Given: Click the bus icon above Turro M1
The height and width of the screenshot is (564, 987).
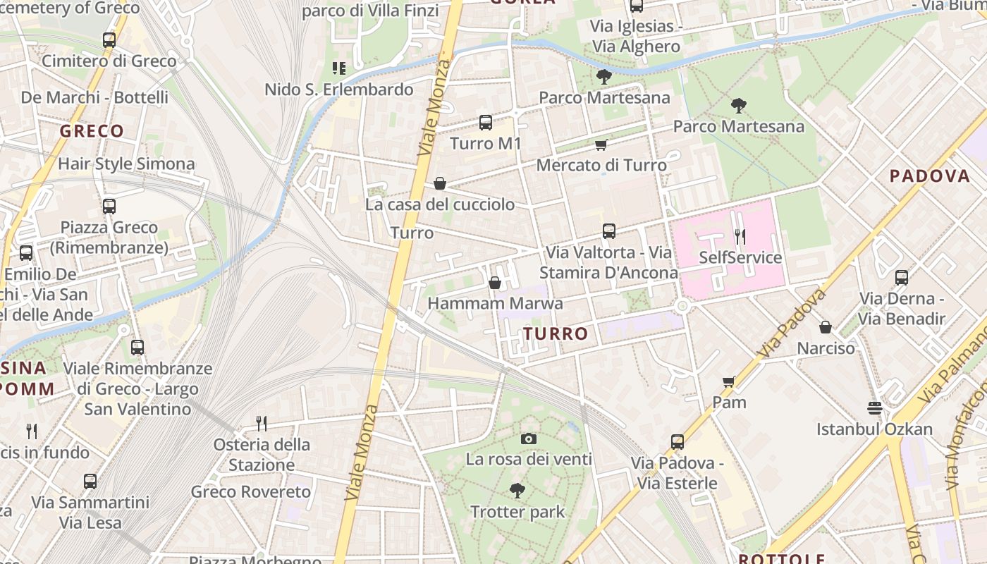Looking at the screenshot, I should click(x=486, y=123).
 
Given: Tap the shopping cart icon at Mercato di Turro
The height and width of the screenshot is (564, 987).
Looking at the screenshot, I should click(x=601, y=145).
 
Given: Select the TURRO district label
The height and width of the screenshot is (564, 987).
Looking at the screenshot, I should click(x=556, y=333).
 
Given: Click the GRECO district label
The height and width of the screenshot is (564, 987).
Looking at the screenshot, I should click(x=92, y=131).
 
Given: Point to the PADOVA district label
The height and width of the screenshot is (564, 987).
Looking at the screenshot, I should click(x=930, y=176).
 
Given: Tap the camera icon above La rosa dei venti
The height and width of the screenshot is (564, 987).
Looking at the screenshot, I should click(x=528, y=439).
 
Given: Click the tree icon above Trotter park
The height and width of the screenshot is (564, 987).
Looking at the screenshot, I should click(x=517, y=490).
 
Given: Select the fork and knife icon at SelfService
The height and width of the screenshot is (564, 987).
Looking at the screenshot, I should click(x=740, y=236).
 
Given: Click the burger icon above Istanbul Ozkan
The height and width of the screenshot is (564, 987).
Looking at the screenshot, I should click(x=874, y=408).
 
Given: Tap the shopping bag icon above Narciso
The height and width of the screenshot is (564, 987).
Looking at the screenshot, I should click(x=825, y=327).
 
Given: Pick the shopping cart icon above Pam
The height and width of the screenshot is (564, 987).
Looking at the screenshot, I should click(x=728, y=381).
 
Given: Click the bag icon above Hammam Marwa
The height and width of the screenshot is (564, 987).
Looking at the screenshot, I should click(x=495, y=283).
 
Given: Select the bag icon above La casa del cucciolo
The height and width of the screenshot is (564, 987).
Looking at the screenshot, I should click(x=440, y=183).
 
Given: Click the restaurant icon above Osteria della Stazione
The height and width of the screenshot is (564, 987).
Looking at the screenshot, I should click(x=262, y=423).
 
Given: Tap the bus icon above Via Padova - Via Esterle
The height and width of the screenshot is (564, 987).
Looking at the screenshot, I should click(x=677, y=442).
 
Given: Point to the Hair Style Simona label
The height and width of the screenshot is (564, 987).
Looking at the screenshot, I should click(x=126, y=164).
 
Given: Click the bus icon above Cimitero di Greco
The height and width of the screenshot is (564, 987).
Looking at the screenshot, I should click(x=109, y=40).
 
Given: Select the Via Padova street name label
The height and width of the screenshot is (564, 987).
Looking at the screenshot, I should click(x=792, y=322).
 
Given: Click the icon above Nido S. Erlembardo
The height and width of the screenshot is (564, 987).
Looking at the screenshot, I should click(x=338, y=68).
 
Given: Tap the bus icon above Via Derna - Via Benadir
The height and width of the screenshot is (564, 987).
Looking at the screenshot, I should click(x=901, y=278).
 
